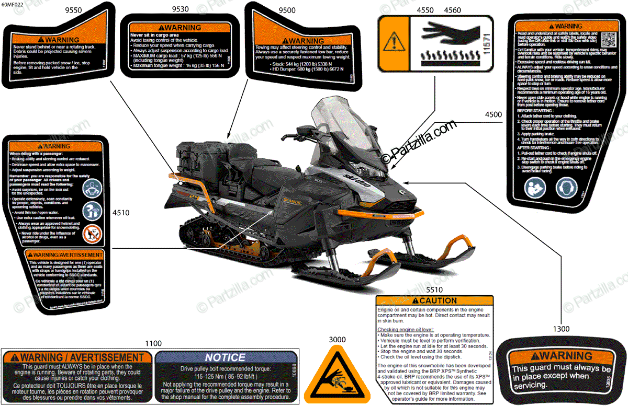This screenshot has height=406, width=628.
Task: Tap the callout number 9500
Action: [287, 9]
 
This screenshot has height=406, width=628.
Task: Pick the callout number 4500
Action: [493, 114]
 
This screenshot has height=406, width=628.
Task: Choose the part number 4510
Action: [121, 213]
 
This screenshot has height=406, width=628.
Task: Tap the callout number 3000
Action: [337, 340]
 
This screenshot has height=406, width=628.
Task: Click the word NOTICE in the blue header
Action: [225, 357]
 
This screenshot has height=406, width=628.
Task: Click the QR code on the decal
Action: [608, 39]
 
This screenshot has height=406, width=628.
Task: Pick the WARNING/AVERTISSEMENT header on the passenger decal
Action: [64, 255]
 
